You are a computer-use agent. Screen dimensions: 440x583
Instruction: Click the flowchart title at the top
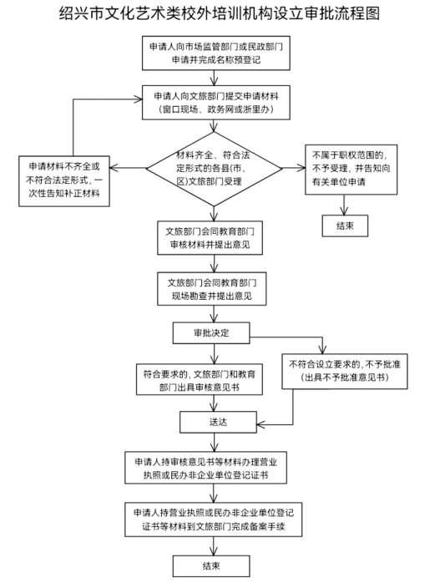[220, 13]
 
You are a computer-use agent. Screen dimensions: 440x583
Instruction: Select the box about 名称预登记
[216, 53]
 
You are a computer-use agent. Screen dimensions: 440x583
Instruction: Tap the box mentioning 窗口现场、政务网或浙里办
[216, 103]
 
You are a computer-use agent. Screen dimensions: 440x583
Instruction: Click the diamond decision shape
[214, 169]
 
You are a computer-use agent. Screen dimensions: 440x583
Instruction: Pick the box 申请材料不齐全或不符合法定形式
[64, 181]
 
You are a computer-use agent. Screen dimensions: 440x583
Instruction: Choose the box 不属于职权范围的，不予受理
[351, 170]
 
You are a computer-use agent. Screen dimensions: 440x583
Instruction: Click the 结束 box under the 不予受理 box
[345, 226]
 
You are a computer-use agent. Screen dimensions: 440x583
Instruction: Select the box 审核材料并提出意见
[210, 238]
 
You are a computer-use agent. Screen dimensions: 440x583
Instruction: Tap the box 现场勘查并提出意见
[212, 289]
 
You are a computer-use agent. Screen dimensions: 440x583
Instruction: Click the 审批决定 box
[211, 332]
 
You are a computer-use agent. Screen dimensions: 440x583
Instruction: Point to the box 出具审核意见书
[200, 379]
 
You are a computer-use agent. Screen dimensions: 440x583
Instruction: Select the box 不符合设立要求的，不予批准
[345, 371]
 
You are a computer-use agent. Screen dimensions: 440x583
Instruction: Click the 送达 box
[218, 422]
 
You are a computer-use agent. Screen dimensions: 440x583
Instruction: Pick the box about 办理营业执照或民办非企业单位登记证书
[205, 468]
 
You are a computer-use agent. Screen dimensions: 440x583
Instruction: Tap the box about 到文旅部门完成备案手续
[213, 520]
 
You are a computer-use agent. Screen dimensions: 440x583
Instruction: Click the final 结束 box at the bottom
[211, 566]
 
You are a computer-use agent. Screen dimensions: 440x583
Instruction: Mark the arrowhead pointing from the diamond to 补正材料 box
[114, 168]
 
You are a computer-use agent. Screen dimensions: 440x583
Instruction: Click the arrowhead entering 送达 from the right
[260, 424]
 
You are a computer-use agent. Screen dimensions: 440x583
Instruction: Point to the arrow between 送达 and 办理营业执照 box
[214, 442]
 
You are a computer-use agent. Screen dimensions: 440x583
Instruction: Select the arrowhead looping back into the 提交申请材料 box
[138, 99]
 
